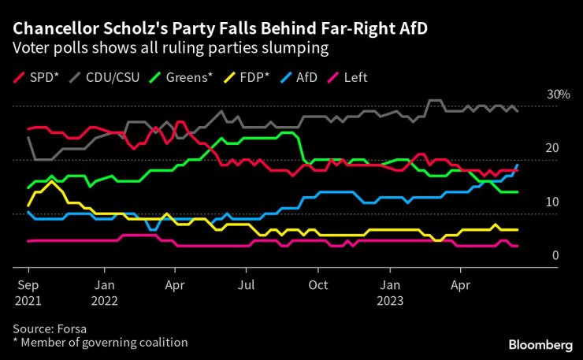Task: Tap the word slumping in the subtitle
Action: pos(292,49)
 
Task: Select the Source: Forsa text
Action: pos(49,328)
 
